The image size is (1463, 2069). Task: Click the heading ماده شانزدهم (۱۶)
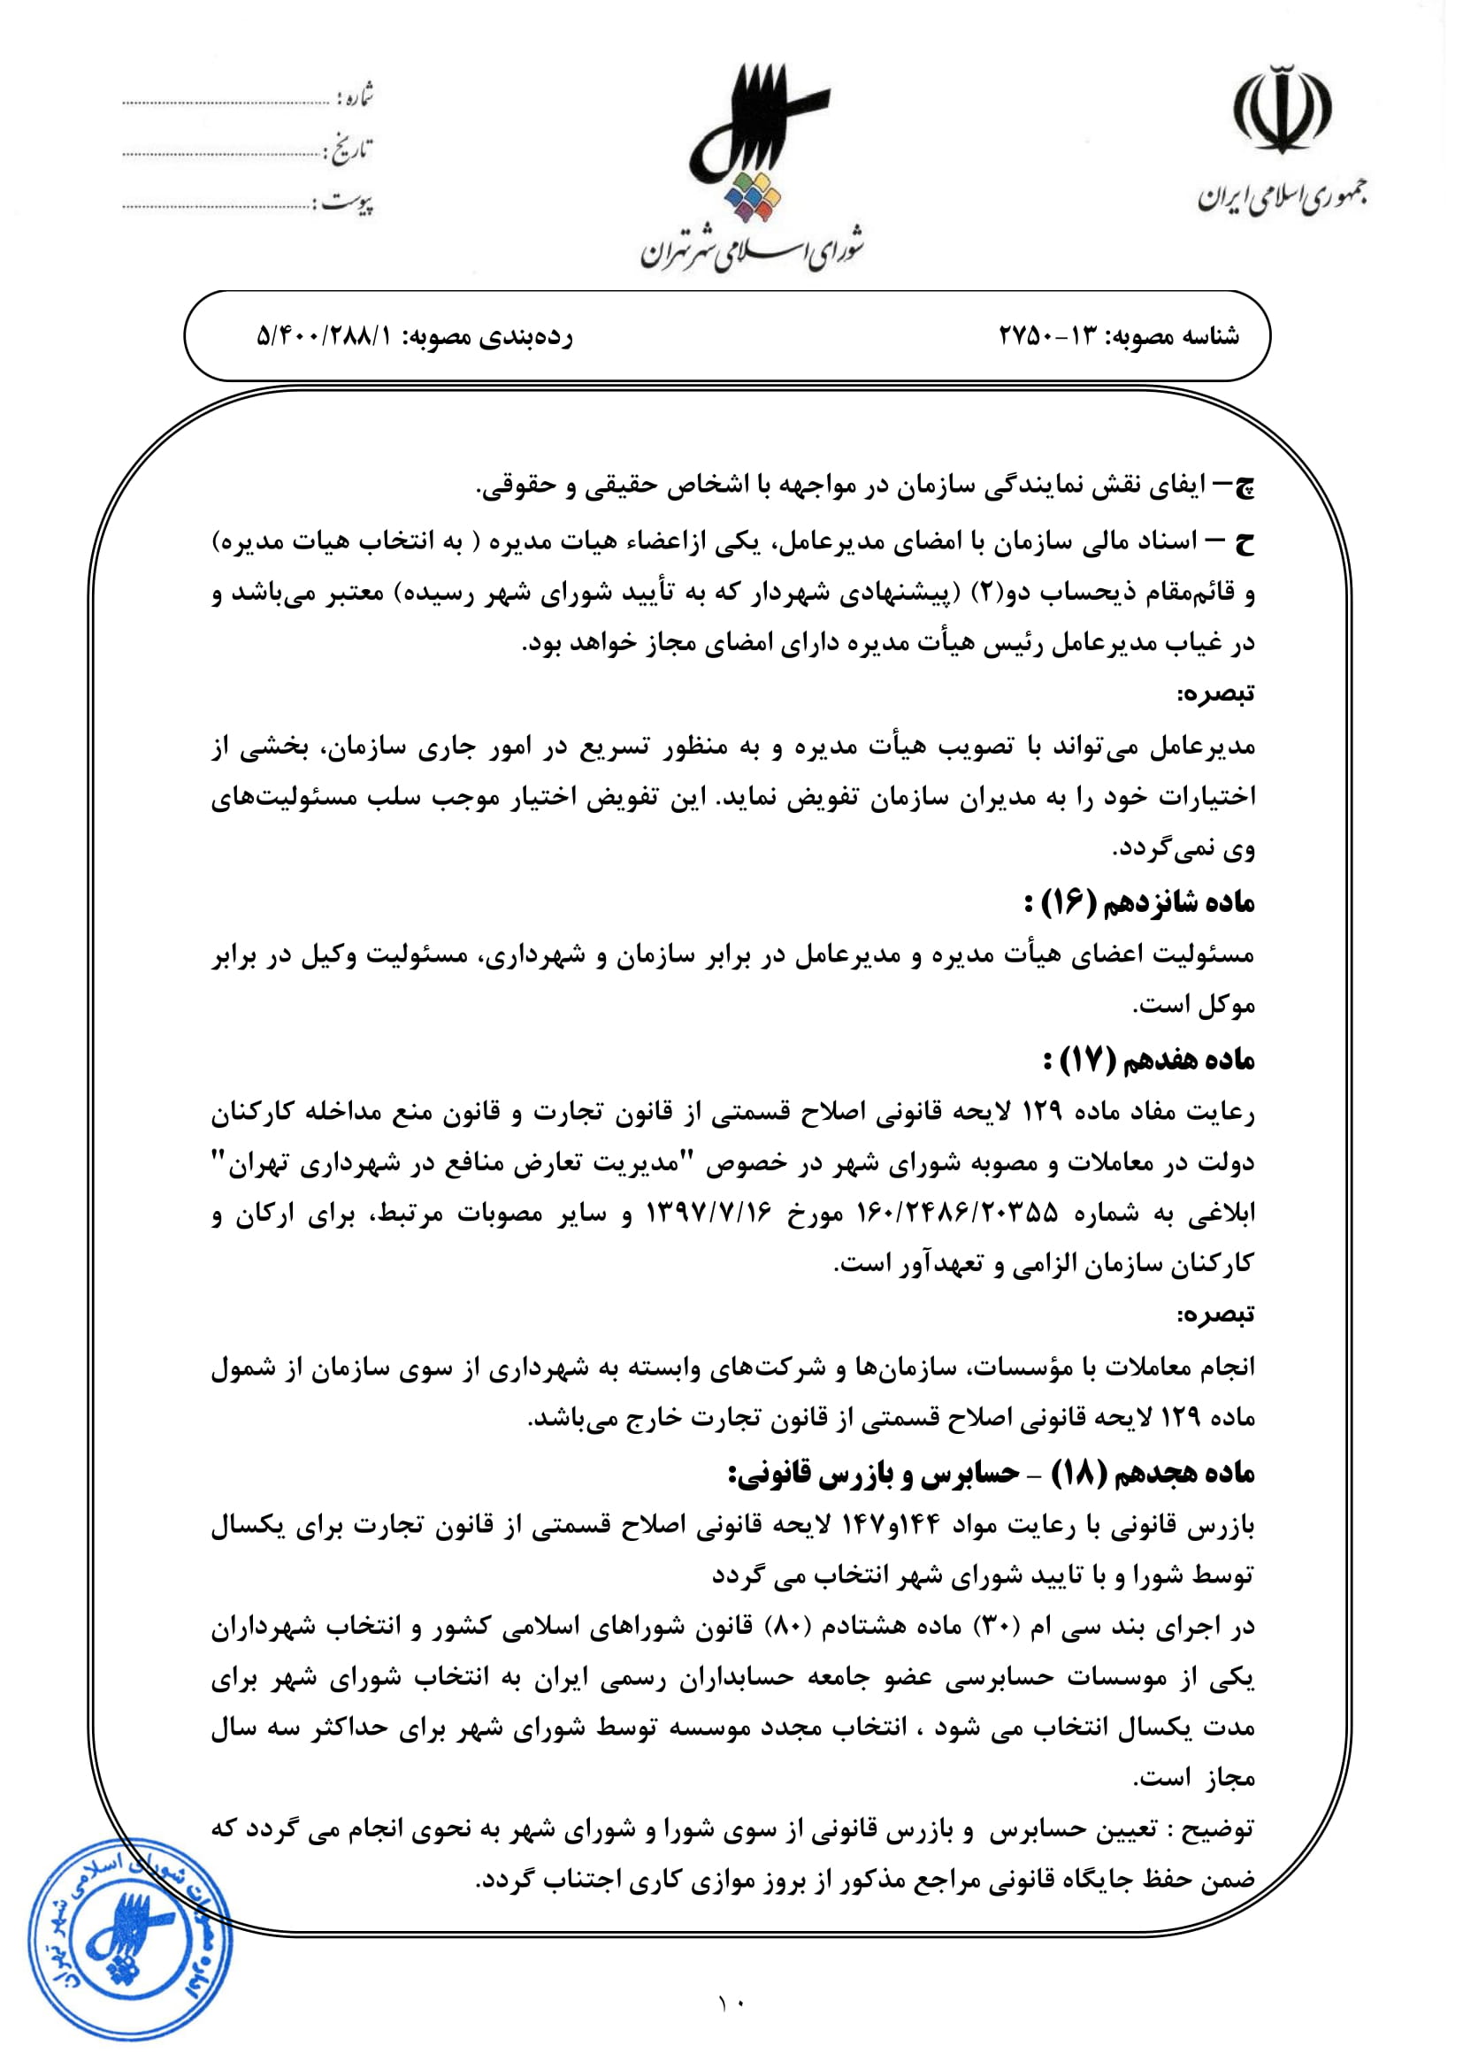[1138, 903]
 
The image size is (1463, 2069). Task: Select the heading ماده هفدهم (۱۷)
[1148, 1061]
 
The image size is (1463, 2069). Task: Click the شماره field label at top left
[355, 96]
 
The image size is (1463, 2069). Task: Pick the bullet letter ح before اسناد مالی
[1245, 542]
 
